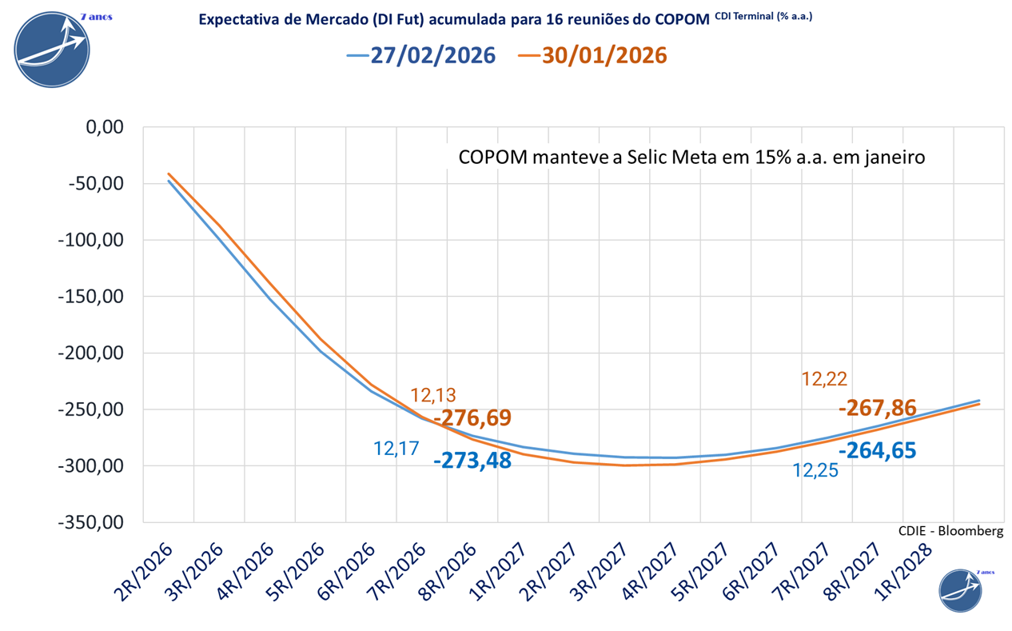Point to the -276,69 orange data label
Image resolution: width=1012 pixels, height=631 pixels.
click(472, 418)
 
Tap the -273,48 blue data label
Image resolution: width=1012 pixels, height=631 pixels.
click(472, 461)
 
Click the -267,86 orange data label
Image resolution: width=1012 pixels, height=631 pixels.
click(878, 408)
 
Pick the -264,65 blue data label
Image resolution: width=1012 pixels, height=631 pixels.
click(878, 450)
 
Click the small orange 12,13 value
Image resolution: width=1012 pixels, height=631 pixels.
click(433, 395)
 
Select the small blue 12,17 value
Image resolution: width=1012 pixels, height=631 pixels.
click(396, 449)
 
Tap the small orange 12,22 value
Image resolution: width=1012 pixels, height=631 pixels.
click(824, 380)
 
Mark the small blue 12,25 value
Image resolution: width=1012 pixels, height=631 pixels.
click(815, 471)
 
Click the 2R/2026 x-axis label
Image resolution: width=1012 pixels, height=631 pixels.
click(145, 569)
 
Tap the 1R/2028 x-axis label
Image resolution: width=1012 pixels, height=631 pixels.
click(904, 569)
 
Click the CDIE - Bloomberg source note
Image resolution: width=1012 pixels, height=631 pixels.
click(950, 530)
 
